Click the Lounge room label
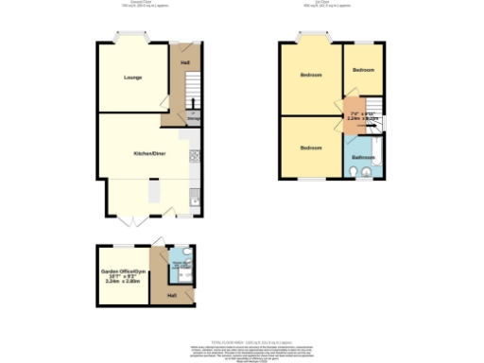coord(131,78)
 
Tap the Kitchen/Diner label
coord(148,152)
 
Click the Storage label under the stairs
coord(192,119)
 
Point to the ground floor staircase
coord(186,95)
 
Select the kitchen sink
coord(194,197)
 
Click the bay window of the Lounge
coord(125,39)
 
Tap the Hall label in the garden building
coord(172,296)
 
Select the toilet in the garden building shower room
coord(188,266)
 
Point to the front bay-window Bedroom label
coord(311,75)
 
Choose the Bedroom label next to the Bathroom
coord(311,148)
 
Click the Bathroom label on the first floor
coord(363,156)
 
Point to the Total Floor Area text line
coord(242,337)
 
